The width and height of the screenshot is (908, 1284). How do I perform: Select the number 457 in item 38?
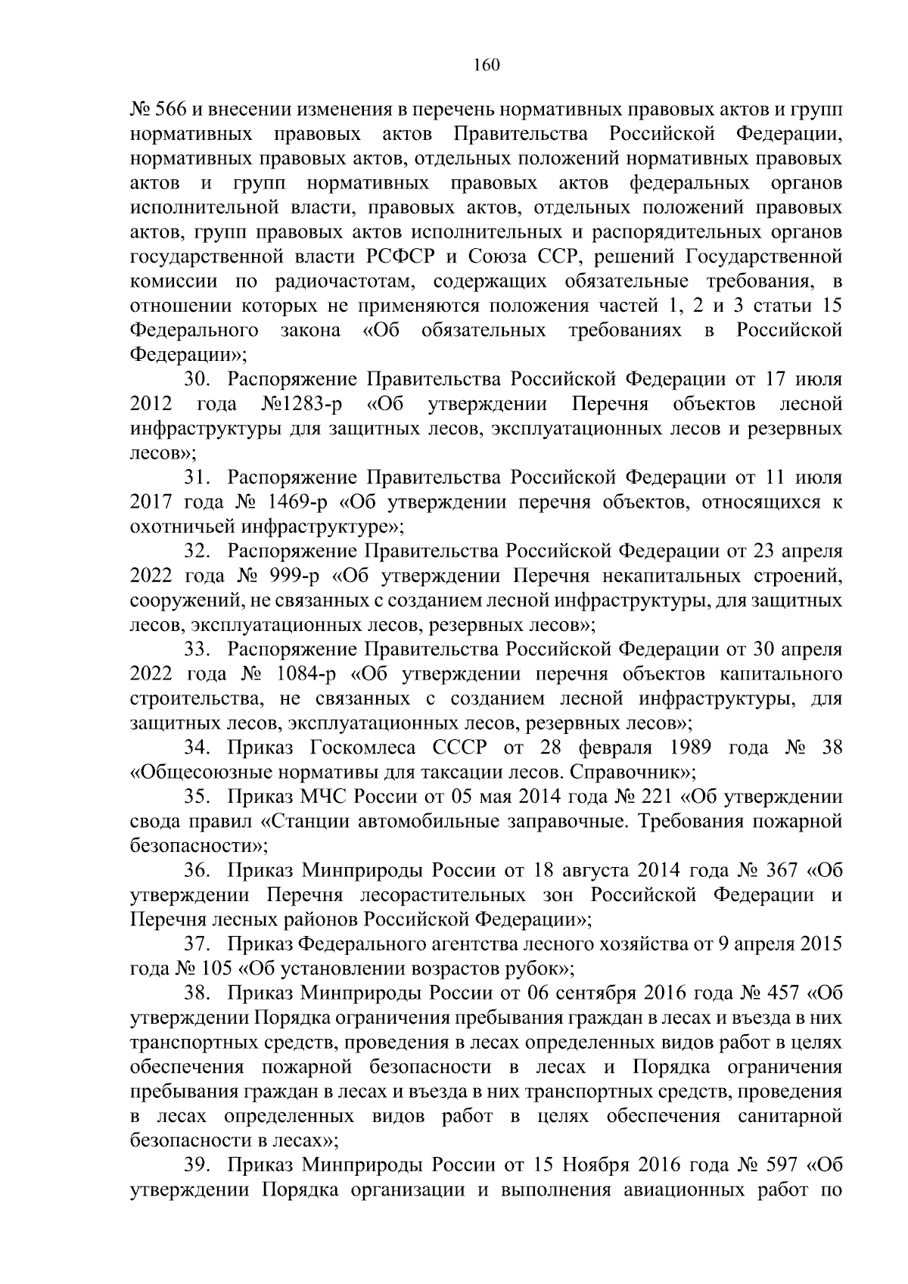coord(779,993)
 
